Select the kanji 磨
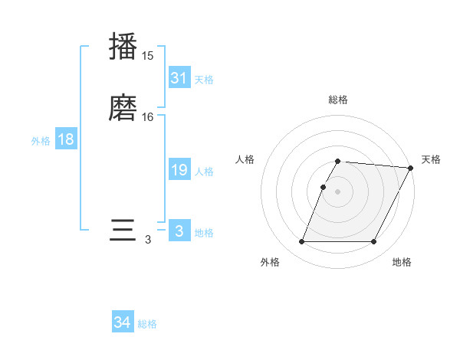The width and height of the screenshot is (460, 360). (123, 106)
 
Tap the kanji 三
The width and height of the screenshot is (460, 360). (123, 230)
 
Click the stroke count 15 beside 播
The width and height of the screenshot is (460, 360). (147, 56)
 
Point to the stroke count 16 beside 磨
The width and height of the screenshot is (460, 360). (148, 116)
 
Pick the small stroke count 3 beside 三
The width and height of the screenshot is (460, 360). (148, 240)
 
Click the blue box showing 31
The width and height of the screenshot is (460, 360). (179, 78)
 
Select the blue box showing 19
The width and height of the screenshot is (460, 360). (179, 170)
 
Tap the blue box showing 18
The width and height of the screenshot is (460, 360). (66, 139)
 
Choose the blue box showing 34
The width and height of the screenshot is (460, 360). (122, 323)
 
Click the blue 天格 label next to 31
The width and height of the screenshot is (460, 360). (204, 80)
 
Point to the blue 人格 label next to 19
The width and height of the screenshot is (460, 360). (204, 172)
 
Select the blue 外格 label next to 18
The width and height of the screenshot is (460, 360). (41, 141)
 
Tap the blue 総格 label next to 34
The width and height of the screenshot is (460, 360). (147, 325)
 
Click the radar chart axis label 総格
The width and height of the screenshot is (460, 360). (338, 100)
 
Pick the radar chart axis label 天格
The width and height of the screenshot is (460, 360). (431, 159)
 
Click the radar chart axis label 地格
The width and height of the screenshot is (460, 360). (402, 263)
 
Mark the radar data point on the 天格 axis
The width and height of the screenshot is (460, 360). (411, 168)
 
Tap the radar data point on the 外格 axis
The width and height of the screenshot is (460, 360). (302, 242)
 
